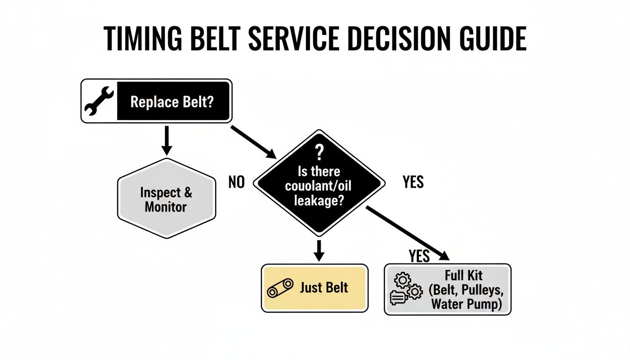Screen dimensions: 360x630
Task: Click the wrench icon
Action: coord(99,101)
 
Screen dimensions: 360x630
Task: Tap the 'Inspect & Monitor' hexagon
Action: coord(166,199)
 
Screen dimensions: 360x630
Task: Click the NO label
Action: coord(237,182)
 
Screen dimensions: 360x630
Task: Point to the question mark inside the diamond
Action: coord(320,152)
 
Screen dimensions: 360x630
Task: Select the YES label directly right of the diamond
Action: coord(413,182)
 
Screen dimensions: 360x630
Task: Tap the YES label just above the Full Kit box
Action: coord(419,256)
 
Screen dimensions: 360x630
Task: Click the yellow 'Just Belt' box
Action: coord(315,288)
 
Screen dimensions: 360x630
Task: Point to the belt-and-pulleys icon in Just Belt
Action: coord(280,288)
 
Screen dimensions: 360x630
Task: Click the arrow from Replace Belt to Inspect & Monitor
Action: coord(166,140)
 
